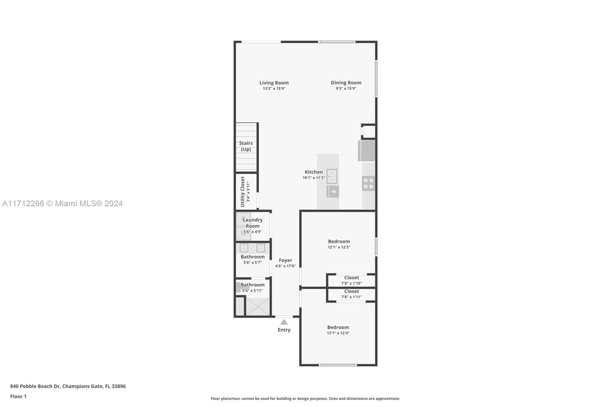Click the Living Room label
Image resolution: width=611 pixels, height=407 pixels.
pyautogui.click(x=274, y=82)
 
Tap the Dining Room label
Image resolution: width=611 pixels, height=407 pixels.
pyautogui.click(x=346, y=82)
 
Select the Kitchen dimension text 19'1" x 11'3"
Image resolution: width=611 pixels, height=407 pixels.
pyautogui.click(x=314, y=178)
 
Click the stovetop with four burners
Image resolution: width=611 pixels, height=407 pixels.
pyautogui.click(x=369, y=183)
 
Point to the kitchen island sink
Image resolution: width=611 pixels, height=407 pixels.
pyautogui.click(x=332, y=176)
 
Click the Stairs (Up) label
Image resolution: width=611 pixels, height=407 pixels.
pyautogui.click(x=246, y=146)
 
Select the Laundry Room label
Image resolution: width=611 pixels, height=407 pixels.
pyautogui.click(x=252, y=223)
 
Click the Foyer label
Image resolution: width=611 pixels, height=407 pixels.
pyautogui.click(x=285, y=260)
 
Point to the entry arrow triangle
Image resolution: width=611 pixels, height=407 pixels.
pyautogui.click(x=284, y=322)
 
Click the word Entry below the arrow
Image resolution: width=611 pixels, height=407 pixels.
pyautogui.click(x=284, y=330)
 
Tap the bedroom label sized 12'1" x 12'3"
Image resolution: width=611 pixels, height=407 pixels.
pyautogui.click(x=339, y=241)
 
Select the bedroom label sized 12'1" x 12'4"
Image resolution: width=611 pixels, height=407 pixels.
pyautogui.click(x=338, y=327)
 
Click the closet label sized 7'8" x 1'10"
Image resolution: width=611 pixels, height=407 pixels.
pyautogui.click(x=352, y=278)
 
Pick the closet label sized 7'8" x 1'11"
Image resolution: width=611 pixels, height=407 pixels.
pyautogui.click(x=352, y=291)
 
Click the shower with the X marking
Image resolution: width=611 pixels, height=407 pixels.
pyautogui.click(x=258, y=307)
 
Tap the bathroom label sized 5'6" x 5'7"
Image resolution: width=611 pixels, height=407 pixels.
pyautogui.click(x=252, y=257)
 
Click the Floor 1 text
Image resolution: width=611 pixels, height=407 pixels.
pyautogui.click(x=18, y=396)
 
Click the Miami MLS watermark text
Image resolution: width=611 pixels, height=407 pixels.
pyautogui.click(x=63, y=203)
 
